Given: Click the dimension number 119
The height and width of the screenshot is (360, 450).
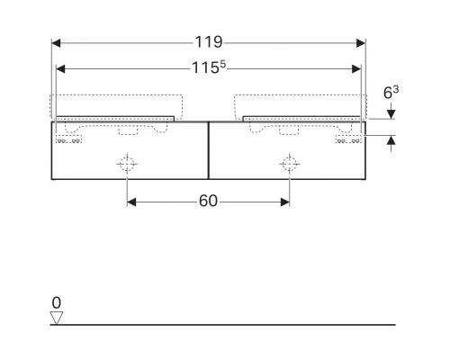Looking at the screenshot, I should (x=209, y=42).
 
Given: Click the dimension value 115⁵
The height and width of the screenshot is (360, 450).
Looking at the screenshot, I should (x=209, y=67).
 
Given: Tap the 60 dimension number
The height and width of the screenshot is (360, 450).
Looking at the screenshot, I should (x=208, y=202).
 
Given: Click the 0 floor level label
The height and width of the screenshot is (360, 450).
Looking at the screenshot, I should (x=56, y=303).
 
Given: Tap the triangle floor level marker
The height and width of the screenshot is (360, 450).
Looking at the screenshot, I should (x=56, y=317).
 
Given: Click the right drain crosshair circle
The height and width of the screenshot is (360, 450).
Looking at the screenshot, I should (x=289, y=164).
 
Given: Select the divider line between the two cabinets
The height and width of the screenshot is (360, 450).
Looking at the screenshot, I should (x=208, y=150).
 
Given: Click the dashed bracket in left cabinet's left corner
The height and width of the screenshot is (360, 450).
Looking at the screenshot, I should (x=66, y=139).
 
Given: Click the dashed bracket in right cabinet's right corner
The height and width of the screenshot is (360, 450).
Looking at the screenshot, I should (x=349, y=139).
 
